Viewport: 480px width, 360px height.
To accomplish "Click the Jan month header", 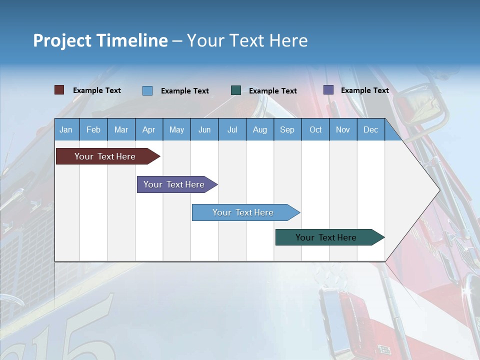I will [x=66, y=129].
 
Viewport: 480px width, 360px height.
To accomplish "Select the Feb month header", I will [x=93, y=129].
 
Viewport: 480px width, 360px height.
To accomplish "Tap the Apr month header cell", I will [x=149, y=129].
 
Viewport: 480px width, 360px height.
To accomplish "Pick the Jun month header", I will [x=204, y=129].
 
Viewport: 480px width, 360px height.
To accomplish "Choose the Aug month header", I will [x=260, y=129].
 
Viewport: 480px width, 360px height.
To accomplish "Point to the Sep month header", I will [x=287, y=129].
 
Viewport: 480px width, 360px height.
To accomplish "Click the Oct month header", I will [x=315, y=129].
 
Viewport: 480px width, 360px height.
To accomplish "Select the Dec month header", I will [x=371, y=129].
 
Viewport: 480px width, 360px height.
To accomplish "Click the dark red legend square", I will [x=59, y=90].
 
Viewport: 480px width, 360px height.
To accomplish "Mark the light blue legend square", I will [x=147, y=90].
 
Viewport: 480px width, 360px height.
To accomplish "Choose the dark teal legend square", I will [x=236, y=90].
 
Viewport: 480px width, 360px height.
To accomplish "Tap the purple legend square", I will [x=328, y=90].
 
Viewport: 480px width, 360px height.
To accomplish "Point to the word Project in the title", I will [x=62, y=40].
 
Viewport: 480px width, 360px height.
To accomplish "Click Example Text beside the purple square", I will [x=364, y=90].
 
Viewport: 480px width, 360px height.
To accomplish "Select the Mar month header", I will [x=121, y=129].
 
